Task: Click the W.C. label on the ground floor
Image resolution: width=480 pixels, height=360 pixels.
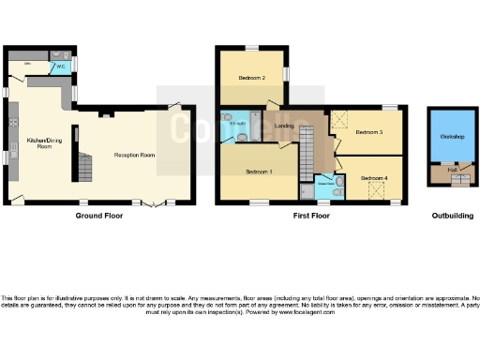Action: coord(59,67)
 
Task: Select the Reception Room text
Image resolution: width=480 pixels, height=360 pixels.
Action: coord(134,155)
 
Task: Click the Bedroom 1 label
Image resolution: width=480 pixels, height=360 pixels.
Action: coord(260,172)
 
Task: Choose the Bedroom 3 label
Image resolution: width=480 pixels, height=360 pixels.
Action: coord(369,133)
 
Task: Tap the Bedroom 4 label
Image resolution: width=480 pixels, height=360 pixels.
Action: coord(374,177)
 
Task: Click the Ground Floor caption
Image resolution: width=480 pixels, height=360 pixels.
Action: coord(98,216)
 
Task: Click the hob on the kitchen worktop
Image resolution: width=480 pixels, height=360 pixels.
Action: coord(13,122)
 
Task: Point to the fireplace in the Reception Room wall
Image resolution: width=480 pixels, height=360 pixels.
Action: coord(107,112)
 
